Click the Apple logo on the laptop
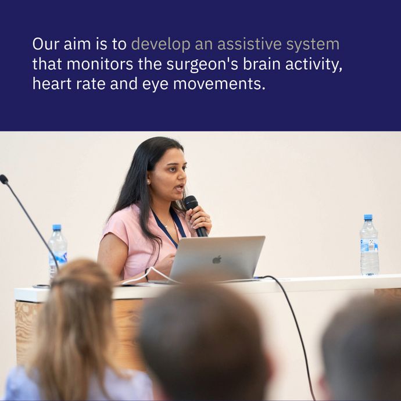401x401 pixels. [217, 259]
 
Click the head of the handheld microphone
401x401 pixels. [191, 203]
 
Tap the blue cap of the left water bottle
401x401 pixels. [56, 227]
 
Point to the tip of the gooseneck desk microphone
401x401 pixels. [3, 179]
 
